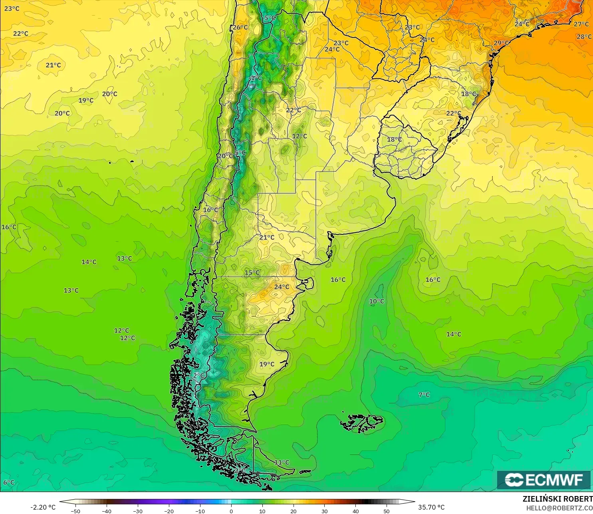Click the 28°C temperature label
[x=584, y=37]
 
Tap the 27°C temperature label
[x=581, y=24]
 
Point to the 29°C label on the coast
[x=501, y=43]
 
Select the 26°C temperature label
[x=240, y=27]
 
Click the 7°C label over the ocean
[x=424, y=395]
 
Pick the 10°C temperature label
[x=377, y=301]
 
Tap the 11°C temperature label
[x=282, y=462]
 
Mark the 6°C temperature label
[x=9, y=482]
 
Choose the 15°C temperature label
[x=252, y=273]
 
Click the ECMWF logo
[x=543, y=480]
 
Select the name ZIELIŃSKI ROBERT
[x=557, y=499]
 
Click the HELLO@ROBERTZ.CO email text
[x=559, y=508]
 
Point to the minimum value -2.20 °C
[x=43, y=507]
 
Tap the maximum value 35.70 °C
[x=431, y=507]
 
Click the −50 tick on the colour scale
[x=75, y=511]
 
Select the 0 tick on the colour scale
[x=231, y=511]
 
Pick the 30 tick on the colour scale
[x=325, y=511]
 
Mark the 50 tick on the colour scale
[x=387, y=511]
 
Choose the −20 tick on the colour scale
[x=169, y=511]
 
